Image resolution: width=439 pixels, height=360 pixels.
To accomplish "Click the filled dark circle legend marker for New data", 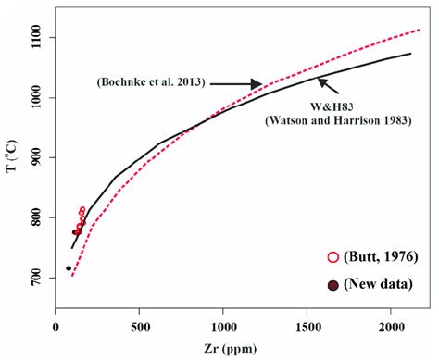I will point(332,284).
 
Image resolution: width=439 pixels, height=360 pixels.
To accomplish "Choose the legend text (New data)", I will point(378,284).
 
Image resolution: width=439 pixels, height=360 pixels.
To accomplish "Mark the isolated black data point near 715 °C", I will point(69,268).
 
